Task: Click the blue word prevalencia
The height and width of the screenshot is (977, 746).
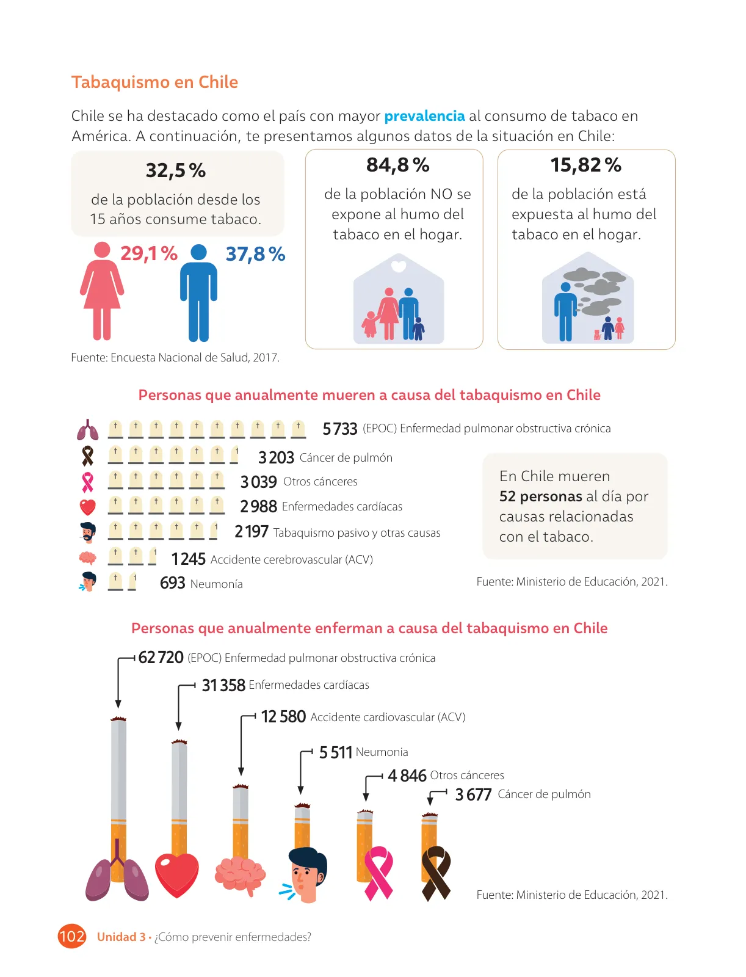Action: [424, 116]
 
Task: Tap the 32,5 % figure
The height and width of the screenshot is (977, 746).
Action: [176, 170]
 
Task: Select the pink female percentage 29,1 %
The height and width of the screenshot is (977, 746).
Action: [149, 253]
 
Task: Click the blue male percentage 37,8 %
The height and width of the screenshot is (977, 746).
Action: [255, 254]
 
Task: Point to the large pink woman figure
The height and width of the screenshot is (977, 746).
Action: [102, 291]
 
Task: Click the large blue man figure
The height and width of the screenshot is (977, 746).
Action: [198, 293]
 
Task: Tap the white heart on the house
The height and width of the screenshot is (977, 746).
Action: [399, 266]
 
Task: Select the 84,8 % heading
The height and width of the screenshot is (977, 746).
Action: [397, 165]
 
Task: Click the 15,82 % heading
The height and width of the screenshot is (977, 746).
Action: [586, 165]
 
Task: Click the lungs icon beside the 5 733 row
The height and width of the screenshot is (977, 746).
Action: [88, 430]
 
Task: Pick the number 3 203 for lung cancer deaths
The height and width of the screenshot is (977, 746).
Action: [277, 457]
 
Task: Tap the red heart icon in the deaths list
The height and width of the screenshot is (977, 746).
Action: [88, 507]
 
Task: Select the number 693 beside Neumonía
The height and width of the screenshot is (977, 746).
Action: [172, 583]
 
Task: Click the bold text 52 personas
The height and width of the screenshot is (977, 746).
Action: [540, 496]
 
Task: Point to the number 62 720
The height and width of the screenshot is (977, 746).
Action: [161, 658]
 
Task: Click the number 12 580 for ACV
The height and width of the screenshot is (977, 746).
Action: [283, 717]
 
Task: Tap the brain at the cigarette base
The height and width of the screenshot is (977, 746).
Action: [240, 874]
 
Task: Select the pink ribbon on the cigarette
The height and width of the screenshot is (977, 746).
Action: [378, 873]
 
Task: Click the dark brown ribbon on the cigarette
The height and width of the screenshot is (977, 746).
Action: [436, 873]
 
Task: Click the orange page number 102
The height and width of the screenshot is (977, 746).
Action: [71, 937]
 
